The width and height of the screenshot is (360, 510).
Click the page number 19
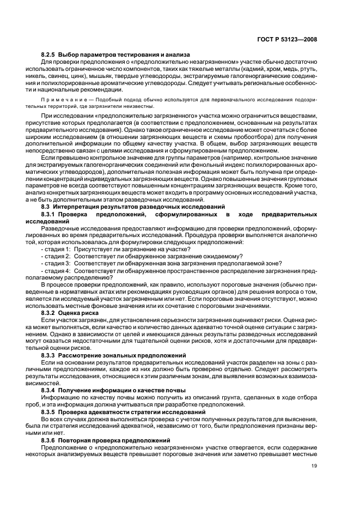(x=314, y=466)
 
